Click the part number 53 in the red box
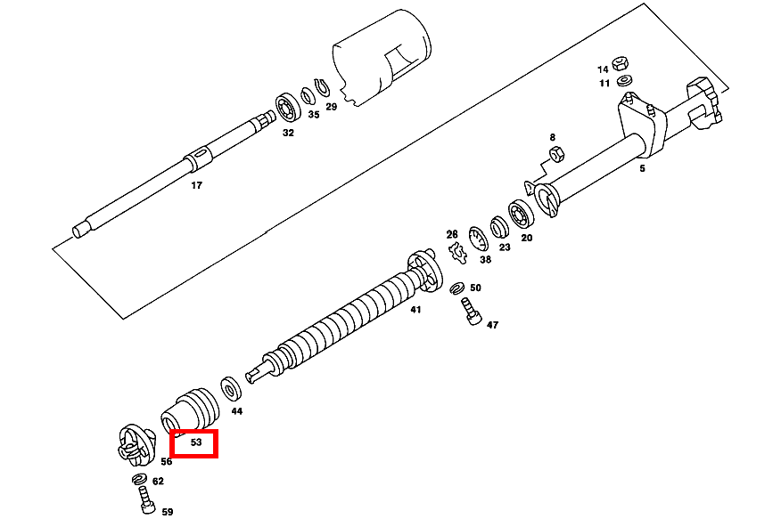click(196, 442)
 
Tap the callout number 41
click(415, 310)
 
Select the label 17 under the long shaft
click(197, 185)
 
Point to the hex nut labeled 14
click(620, 63)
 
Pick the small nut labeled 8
click(556, 154)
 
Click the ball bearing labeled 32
click(288, 108)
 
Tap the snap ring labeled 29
click(322, 88)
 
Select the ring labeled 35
click(308, 96)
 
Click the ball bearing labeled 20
click(521, 215)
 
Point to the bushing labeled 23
click(498, 227)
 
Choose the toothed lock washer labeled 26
click(457, 253)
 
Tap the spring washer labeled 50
click(456, 288)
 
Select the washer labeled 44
click(231, 389)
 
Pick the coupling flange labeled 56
click(136, 445)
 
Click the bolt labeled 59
click(146, 500)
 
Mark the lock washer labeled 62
click(139, 479)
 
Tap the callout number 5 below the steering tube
click(642, 168)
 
